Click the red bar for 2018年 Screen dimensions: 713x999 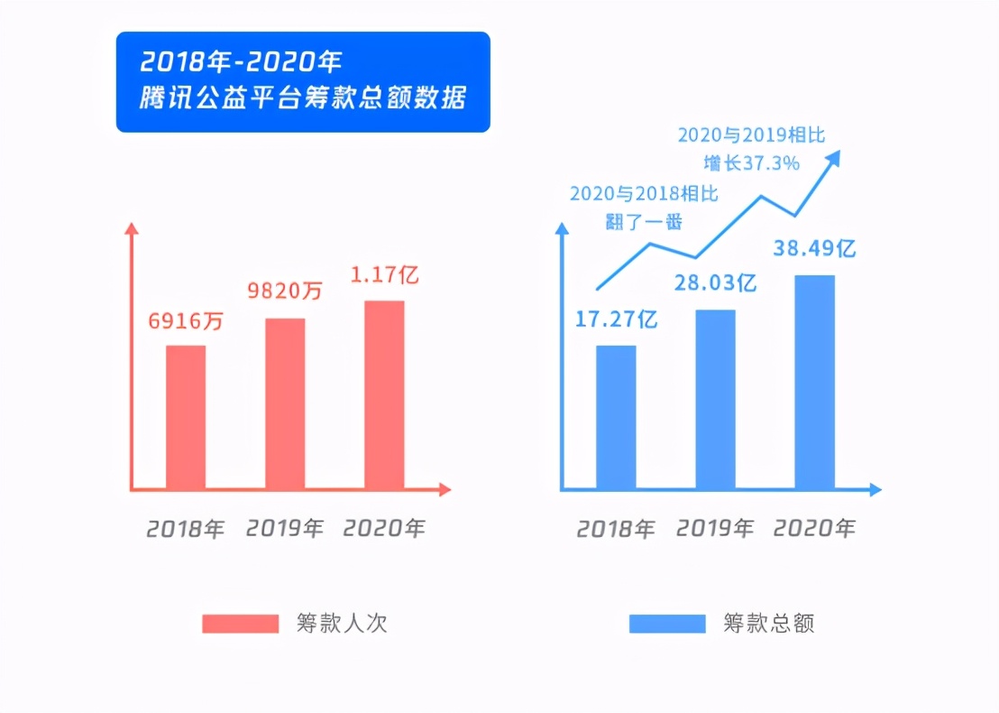coord(186,417)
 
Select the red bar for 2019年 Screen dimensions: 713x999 coord(285,403)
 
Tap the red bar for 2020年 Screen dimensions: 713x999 coord(384,394)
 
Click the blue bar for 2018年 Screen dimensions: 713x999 coord(616,417)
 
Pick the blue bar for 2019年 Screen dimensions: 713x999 coord(715,400)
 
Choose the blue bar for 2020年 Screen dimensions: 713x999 coord(814,382)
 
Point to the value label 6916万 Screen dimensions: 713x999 coord(187,320)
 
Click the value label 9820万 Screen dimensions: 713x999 coord(285,292)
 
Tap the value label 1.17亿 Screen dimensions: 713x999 coord(385,274)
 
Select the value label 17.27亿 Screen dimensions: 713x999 coord(617,319)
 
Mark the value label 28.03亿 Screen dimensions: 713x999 coord(716,283)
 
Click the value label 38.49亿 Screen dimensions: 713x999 coord(814,248)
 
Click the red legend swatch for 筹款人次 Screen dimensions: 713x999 coord(240,624)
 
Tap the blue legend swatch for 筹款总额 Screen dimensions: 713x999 coord(667,624)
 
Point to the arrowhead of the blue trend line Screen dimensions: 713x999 coord(834,158)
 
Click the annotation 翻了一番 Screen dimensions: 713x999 coord(644,221)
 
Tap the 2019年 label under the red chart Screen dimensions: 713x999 coord(285,528)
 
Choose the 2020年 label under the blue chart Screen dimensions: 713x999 coord(814,528)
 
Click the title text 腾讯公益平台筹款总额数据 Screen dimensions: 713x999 coord(303,98)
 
